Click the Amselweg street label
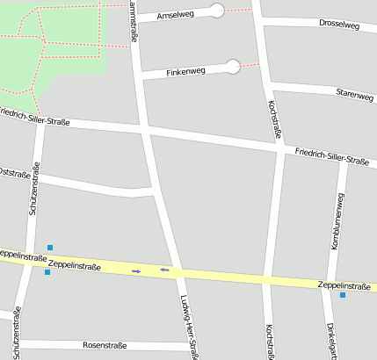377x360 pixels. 174,15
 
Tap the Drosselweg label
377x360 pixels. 339,25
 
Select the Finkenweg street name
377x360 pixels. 186,70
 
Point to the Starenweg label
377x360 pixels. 354,93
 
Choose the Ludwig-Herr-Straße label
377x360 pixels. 187,326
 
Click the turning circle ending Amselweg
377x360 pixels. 217,11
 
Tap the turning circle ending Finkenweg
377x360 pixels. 232,66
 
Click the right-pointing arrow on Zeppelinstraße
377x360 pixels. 136,271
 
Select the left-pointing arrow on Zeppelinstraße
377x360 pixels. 163,270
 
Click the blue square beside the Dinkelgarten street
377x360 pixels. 343,294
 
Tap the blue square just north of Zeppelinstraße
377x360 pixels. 50,248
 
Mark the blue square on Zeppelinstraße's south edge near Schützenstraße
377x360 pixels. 47,272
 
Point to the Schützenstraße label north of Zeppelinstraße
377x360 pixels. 34,190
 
